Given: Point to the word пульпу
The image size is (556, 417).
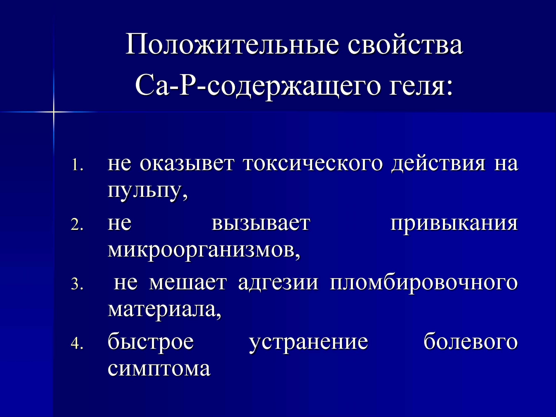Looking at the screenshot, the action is click(x=148, y=192).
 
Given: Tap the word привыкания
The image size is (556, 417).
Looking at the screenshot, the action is click(x=454, y=224).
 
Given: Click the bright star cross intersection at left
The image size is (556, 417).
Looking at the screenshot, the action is click(x=54, y=111).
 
